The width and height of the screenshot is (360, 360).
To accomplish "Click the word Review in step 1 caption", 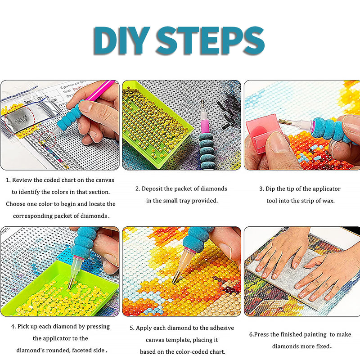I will pyautogui.click(x=22, y=180).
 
